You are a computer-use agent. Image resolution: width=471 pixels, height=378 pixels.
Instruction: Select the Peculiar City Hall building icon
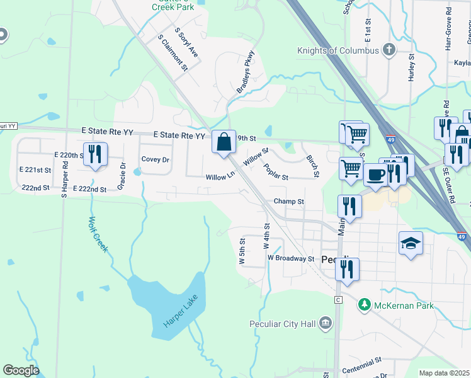point(326,323)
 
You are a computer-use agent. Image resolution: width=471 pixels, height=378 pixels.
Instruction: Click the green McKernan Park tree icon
point(364,305)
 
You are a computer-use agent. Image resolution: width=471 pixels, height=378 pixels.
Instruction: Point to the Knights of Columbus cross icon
point(389,50)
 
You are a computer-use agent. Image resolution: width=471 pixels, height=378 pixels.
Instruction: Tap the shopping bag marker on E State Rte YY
point(224,142)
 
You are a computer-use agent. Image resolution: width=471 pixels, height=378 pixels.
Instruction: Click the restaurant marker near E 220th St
point(95,154)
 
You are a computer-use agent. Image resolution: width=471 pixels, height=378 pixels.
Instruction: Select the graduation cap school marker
point(411,243)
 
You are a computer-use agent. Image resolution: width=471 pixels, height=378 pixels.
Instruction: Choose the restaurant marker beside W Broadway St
point(347,268)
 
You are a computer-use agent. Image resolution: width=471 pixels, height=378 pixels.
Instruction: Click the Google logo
point(21,370)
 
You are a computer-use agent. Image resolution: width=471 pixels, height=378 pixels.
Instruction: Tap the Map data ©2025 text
point(444,373)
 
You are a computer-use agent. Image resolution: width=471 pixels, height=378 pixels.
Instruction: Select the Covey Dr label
point(155,159)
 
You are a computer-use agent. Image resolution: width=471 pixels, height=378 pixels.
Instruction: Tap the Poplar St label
point(276,172)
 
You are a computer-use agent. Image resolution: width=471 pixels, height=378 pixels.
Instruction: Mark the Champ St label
point(289,202)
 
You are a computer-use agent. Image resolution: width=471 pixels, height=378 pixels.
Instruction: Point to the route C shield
point(338,299)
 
